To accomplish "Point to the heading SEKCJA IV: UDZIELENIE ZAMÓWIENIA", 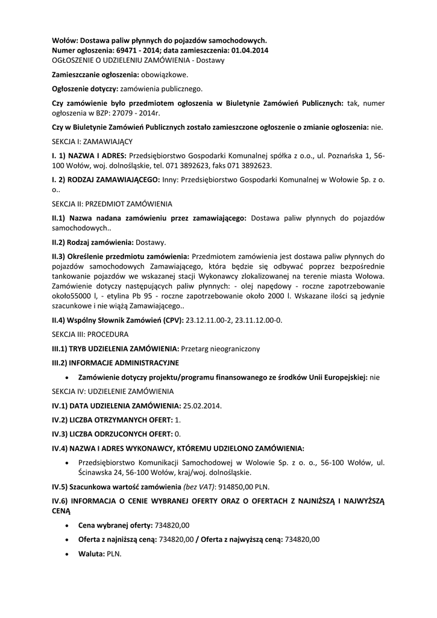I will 113,392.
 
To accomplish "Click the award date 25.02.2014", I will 202,406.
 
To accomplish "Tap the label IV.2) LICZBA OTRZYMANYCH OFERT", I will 112,419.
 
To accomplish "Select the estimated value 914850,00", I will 236,487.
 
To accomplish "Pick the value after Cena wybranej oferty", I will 172,526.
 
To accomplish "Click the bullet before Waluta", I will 66,553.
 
